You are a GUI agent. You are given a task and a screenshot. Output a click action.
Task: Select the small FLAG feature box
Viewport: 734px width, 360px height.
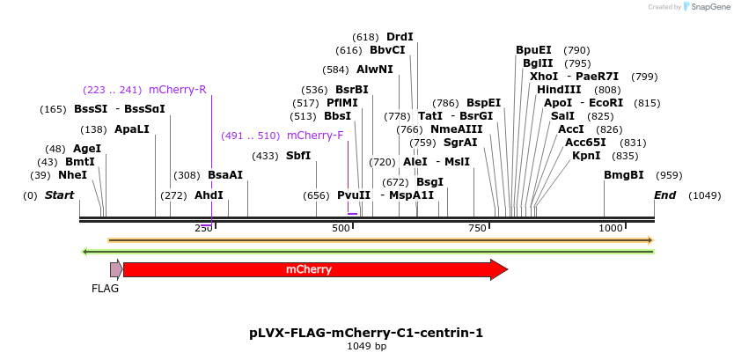115,269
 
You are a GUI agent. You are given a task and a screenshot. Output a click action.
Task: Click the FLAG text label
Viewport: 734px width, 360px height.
105,289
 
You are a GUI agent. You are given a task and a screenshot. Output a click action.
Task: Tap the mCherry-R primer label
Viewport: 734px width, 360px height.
177,90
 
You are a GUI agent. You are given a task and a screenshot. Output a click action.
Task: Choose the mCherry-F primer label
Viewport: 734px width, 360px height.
315,136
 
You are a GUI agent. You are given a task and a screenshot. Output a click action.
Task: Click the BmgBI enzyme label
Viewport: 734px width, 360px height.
623,175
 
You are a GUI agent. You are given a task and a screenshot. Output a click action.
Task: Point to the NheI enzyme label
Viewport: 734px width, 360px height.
73,175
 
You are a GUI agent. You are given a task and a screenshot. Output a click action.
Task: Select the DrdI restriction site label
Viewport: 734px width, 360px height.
400,37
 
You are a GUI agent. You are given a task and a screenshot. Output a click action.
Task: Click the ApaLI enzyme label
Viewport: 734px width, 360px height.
132,129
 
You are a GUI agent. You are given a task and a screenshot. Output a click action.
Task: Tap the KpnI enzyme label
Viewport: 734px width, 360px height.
586,156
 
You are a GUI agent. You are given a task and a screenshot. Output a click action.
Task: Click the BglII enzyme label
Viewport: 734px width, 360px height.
538,63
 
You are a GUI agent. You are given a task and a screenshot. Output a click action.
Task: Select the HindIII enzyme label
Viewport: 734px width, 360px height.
559,90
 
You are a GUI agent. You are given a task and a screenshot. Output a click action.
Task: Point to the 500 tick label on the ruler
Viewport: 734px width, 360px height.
341,229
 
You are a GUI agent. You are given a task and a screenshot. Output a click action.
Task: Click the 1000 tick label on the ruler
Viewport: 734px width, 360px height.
612,229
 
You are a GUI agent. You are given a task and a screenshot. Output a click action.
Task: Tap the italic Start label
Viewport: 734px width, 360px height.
59,195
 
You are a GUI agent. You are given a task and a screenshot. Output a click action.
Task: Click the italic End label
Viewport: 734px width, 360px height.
664,195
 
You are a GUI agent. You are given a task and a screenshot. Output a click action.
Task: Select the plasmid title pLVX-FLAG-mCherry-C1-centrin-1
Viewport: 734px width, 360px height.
366,333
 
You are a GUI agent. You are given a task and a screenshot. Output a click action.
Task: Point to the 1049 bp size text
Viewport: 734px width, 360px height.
366,347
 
